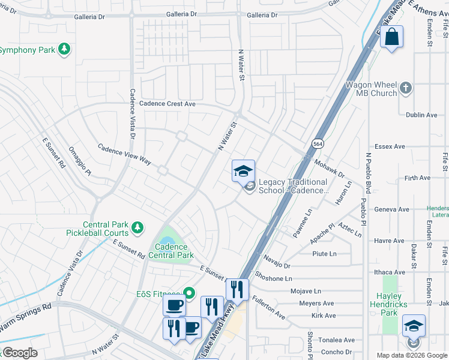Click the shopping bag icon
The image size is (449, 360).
[391, 37]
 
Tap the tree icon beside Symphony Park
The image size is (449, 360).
[64, 49]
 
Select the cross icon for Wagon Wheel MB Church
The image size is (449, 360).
[406, 89]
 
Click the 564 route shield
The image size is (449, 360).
[318, 143]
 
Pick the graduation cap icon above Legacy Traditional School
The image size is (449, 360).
[243, 171]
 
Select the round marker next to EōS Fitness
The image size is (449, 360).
[189, 293]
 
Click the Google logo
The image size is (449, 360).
[20, 353]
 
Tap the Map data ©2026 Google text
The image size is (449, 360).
[411, 355]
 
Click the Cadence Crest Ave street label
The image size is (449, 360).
[167, 104]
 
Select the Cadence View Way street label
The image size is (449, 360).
[124, 154]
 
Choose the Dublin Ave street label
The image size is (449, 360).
[421, 115]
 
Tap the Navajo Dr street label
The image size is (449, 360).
[276, 261]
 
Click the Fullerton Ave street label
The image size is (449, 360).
[268, 306]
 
